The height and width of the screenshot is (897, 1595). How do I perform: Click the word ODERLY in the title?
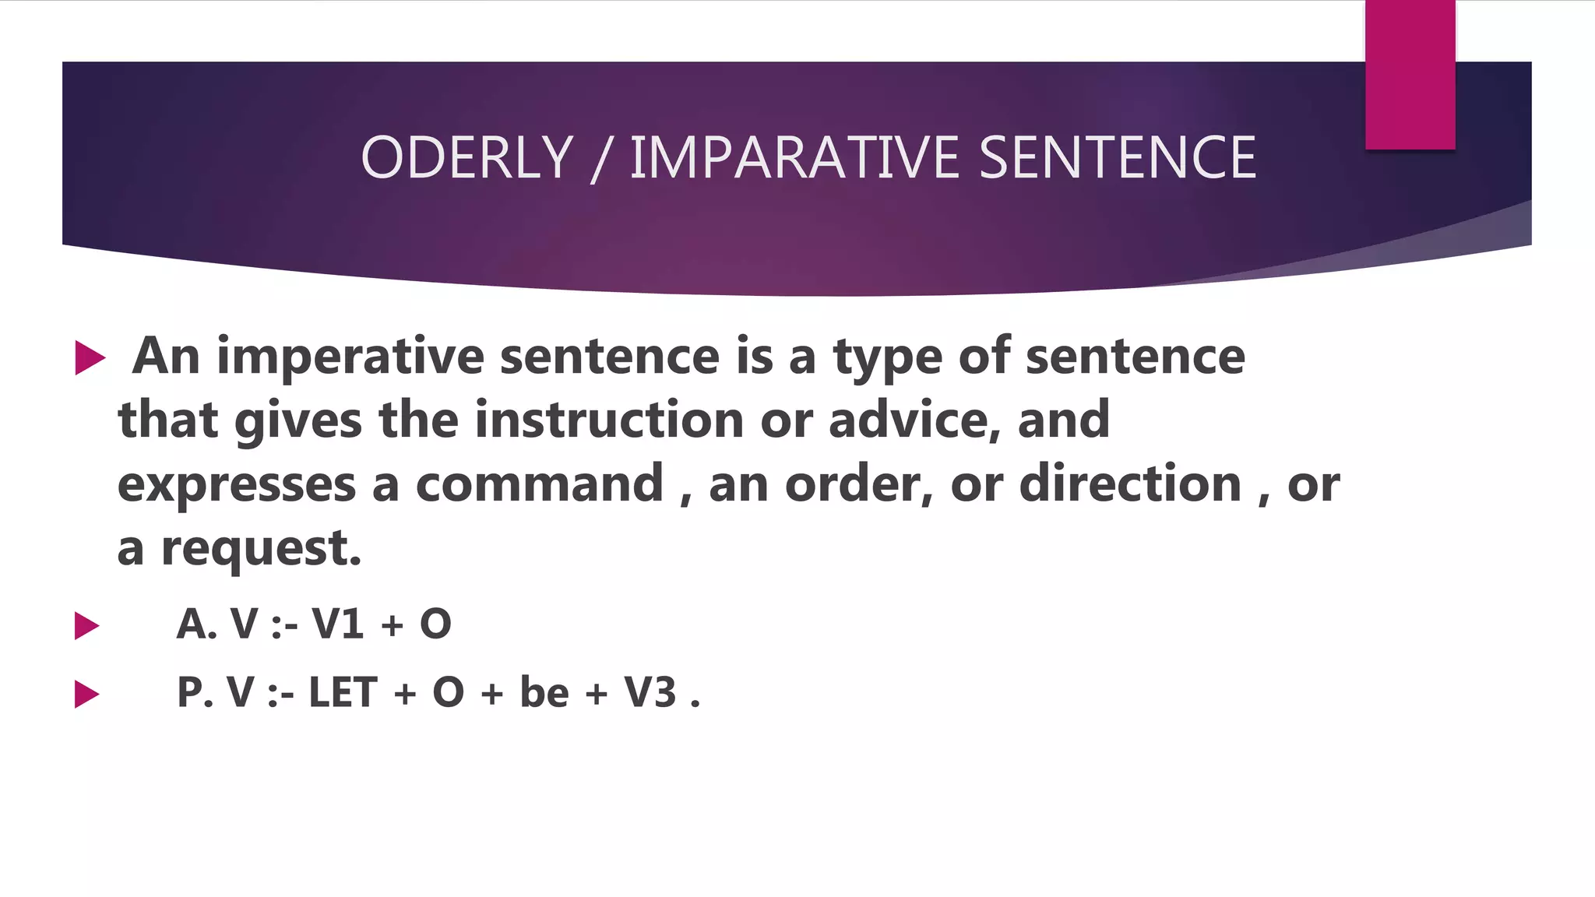pos(467,157)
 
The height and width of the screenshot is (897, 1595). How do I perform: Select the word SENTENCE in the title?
pos(1117,157)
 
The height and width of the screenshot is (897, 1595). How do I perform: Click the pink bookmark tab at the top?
pos(1410,75)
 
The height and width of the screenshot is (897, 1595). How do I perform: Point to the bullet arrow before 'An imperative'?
pos(90,358)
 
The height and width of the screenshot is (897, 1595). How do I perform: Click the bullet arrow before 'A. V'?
pos(86,625)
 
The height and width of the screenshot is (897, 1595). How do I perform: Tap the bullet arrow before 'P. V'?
pos(86,694)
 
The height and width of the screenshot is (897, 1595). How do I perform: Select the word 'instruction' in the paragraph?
pos(609,420)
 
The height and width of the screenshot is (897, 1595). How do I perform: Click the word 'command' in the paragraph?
pos(539,484)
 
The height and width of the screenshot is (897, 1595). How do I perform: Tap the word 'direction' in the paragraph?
pos(1130,484)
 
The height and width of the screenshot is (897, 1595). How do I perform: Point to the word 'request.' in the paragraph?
pos(261,549)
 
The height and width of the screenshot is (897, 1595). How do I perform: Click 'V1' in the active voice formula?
pos(337,624)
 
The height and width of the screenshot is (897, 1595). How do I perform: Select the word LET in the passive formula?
pos(343,692)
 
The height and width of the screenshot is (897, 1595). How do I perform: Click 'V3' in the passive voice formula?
pos(650,692)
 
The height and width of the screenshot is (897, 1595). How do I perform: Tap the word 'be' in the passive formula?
pos(544,692)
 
